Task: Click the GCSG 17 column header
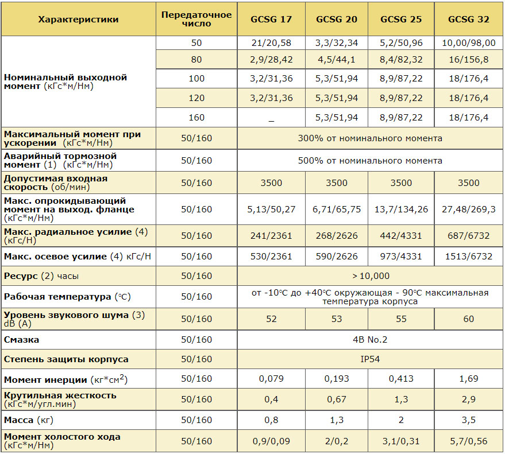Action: tap(271, 20)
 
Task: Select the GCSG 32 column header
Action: tap(469, 20)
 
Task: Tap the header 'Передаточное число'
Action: tap(196, 19)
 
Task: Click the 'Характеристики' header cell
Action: tap(78, 20)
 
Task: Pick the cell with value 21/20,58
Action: tap(271, 43)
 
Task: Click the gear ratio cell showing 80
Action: tap(196, 60)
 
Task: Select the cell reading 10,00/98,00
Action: tap(469, 43)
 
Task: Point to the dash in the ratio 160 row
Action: tap(271, 121)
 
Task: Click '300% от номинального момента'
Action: tap(370, 138)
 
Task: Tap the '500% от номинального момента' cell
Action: tap(370, 161)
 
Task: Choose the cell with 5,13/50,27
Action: tap(271, 209)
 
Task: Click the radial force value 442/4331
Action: tap(401, 236)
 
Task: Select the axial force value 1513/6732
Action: tap(469, 257)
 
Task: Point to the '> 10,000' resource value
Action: tap(371, 276)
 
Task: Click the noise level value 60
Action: tap(469, 319)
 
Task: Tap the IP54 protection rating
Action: tap(370, 359)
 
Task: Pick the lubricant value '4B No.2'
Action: tap(370, 340)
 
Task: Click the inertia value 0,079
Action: tap(271, 379)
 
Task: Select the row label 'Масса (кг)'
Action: tap(29, 420)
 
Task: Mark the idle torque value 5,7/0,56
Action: tap(469, 441)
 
